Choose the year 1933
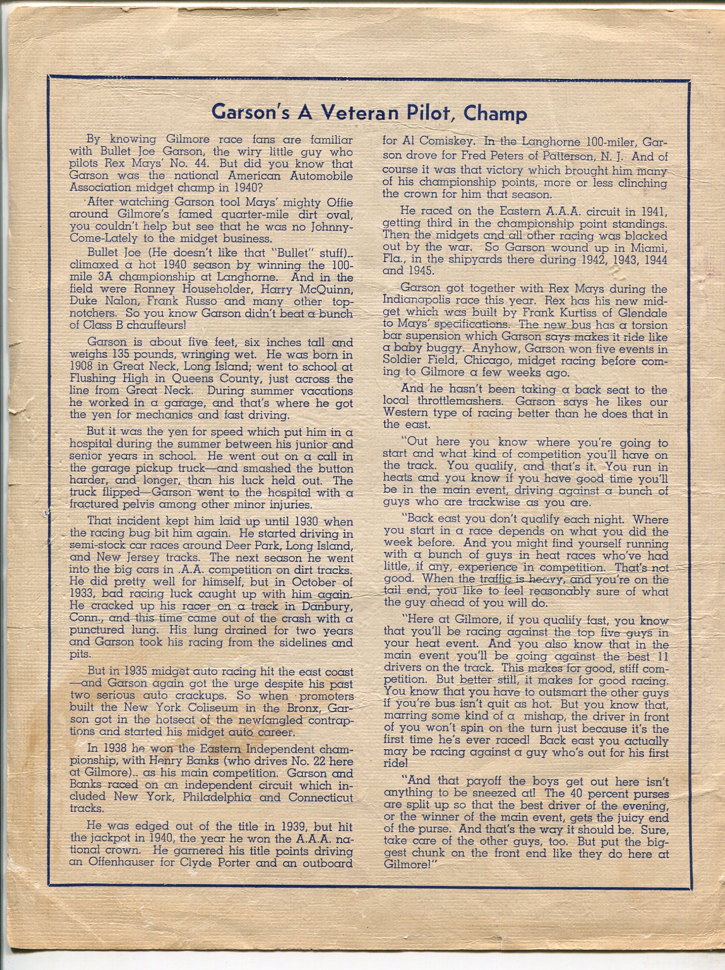[83, 594]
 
